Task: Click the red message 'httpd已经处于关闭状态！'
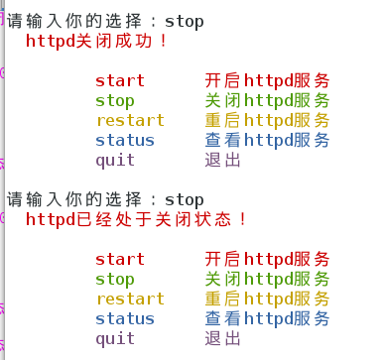click(x=136, y=219)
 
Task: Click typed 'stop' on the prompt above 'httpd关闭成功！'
click(x=184, y=21)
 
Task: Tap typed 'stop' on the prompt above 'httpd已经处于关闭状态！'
click(x=184, y=199)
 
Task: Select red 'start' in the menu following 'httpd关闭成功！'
click(x=120, y=80)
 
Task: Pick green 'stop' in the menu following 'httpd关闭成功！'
click(x=115, y=100)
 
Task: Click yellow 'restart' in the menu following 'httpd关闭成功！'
click(x=130, y=120)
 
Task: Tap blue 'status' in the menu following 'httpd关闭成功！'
click(x=125, y=140)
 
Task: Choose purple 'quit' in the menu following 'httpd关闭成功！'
click(x=115, y=160)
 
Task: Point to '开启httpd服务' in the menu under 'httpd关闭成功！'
click(x=267, y=80)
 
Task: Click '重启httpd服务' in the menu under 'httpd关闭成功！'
click(x=267, y=120)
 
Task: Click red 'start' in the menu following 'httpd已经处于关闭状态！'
click(x=120, y=260)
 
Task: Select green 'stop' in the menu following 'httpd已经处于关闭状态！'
click(x=115, y=280)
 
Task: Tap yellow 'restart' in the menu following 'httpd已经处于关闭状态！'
click(x=130, y=300)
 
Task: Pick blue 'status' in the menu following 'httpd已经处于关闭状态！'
click(x=125, y=319)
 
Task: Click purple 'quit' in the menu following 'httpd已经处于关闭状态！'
click(x=115, y=339)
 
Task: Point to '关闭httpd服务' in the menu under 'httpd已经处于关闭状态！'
click(x=267, y=280)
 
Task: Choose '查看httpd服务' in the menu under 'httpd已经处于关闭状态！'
click(x=267, y=319)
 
